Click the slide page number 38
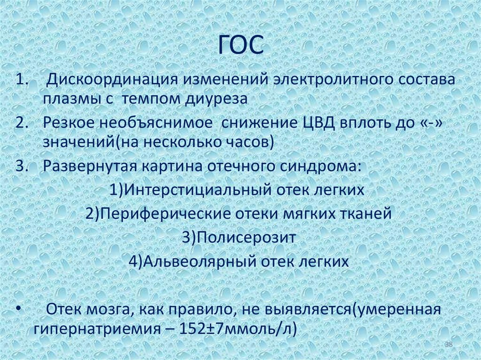[448, 345]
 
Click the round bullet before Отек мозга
[18, 310]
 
